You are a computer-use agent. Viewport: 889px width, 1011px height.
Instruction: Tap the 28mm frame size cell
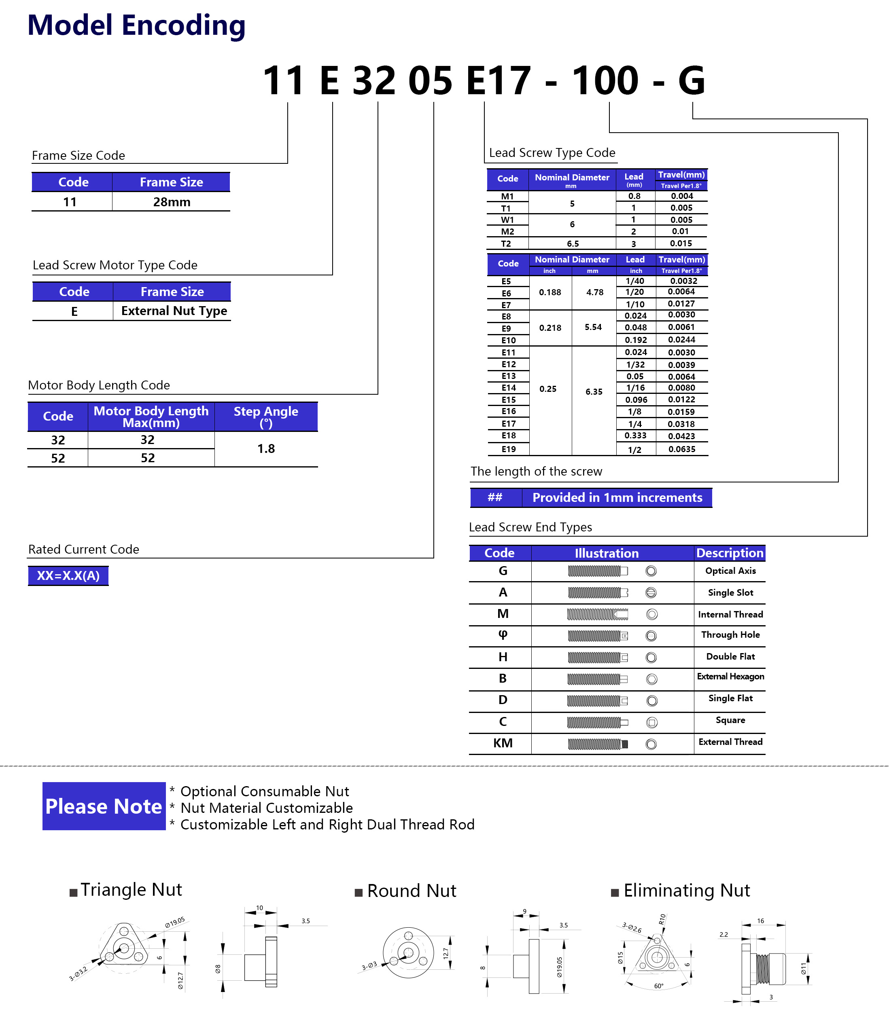171,202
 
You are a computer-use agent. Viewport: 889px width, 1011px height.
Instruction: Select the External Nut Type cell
174,311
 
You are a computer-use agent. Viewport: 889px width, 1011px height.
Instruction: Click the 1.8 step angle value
266,448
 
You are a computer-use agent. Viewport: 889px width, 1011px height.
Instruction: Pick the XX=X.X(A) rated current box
68,576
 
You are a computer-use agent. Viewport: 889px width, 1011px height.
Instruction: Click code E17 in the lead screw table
508,424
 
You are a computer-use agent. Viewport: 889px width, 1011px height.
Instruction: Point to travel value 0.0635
681,449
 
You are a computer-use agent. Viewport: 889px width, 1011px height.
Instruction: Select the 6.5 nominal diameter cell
573,244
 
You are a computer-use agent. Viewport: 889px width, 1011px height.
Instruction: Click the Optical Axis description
730,571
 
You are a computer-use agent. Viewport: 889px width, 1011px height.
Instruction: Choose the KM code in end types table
503,743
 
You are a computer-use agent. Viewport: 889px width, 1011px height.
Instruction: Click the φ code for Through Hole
503,635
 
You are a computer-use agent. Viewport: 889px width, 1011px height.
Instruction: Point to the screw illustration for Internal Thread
597,614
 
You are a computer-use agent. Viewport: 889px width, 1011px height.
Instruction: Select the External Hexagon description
730,677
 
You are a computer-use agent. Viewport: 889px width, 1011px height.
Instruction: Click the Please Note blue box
104,806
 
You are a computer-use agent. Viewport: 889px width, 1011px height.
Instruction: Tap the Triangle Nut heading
131,890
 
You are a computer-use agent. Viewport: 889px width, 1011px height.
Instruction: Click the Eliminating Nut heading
686,891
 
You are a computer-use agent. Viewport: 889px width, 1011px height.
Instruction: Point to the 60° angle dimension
658,986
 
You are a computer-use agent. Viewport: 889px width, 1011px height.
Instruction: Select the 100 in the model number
605,80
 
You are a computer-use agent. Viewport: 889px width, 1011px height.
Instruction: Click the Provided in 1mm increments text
617,497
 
